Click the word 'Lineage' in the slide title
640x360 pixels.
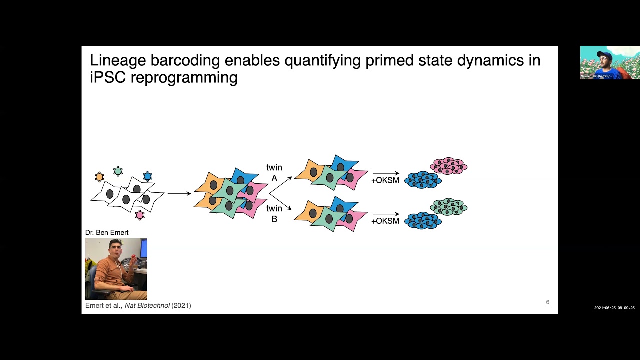[x=114, y=61]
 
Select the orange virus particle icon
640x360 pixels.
[x=99, y=177]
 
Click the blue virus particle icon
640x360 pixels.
[x=147, y=176]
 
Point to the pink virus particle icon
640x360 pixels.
[x=140, y=215]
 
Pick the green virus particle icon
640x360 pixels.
[x=118, y=171]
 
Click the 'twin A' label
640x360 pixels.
[x=274, y=173]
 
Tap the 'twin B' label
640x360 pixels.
[x=274, y=213]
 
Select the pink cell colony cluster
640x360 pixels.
[x=448, y=166]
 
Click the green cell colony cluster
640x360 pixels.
[x=448, y=207]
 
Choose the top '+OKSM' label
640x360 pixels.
[x=385, y=180]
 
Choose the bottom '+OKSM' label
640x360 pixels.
[x=385, y=221]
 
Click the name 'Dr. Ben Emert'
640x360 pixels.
[x=107, y=232]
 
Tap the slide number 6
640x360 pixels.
[x=548, y=302]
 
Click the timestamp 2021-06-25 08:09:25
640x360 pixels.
[x=614, y=308]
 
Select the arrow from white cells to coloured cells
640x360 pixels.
[x=179, y=193]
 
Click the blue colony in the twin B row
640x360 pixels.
[x=423, y=221]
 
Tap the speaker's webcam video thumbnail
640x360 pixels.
[x=610, y=62]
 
